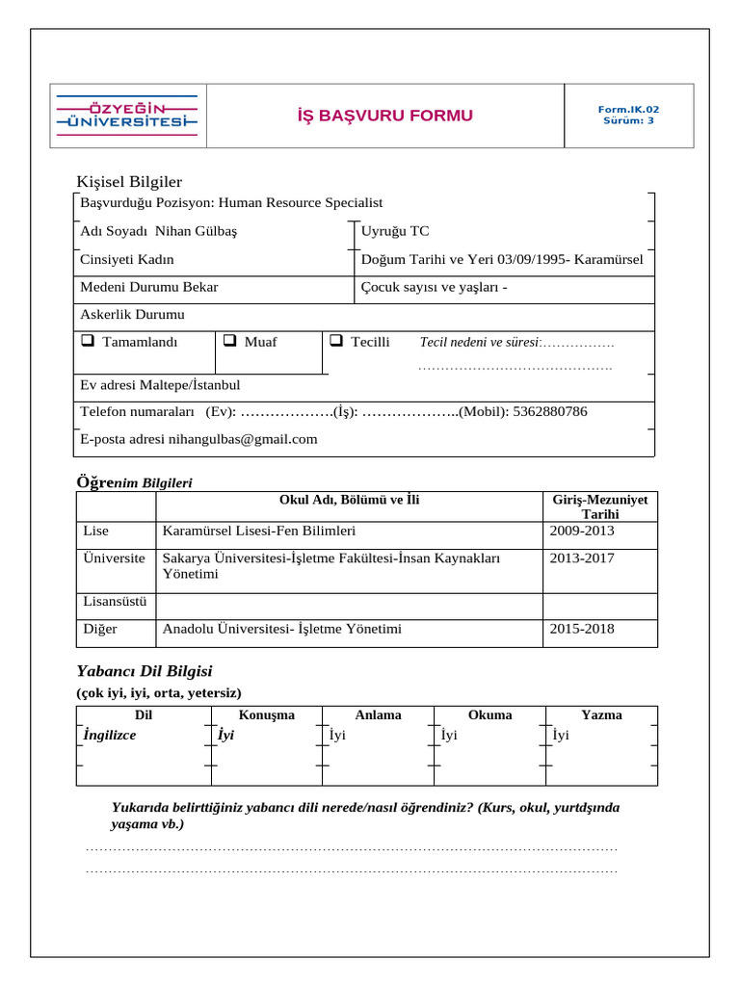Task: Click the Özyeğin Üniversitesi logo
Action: (x=128, y=116)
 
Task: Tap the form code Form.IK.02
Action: (x=628, y=110)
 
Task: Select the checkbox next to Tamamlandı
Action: (x=87, y=341)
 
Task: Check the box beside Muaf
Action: (x=230, y=341)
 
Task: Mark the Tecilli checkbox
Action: (x=336, y=341)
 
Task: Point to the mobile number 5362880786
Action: (x=551, y=411)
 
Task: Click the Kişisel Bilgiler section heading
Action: (x=129, y=182)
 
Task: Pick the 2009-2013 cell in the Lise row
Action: (x=581, y=531)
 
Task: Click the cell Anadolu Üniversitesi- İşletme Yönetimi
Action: (x=281, y=629)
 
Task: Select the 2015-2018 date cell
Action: (x=581, y=629)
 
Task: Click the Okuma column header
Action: (x=489, y=714)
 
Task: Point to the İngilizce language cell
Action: (x=110, y=735)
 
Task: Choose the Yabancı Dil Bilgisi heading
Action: (x=144, y=671)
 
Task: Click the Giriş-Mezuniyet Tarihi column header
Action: (x=600, y=506)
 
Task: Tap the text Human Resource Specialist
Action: (x=301, y=202)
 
